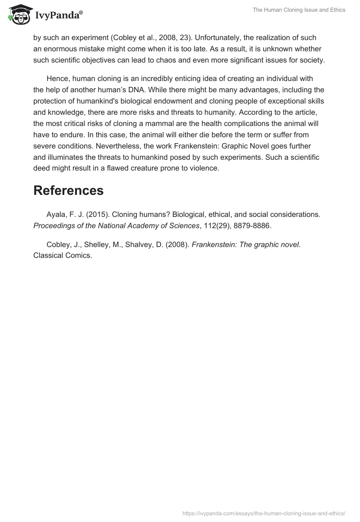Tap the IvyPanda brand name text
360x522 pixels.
[58, 16]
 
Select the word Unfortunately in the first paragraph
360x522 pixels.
[218, 38]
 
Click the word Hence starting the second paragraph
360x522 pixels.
[57, 79]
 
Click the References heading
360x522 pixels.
[68, 190]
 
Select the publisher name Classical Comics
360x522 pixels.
[63, 256]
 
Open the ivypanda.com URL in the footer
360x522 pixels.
[264, 513]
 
